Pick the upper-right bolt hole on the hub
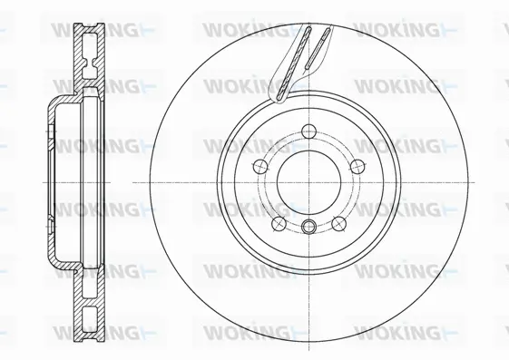[x=357, y=165]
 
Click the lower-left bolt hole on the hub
[x=278, y=223]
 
